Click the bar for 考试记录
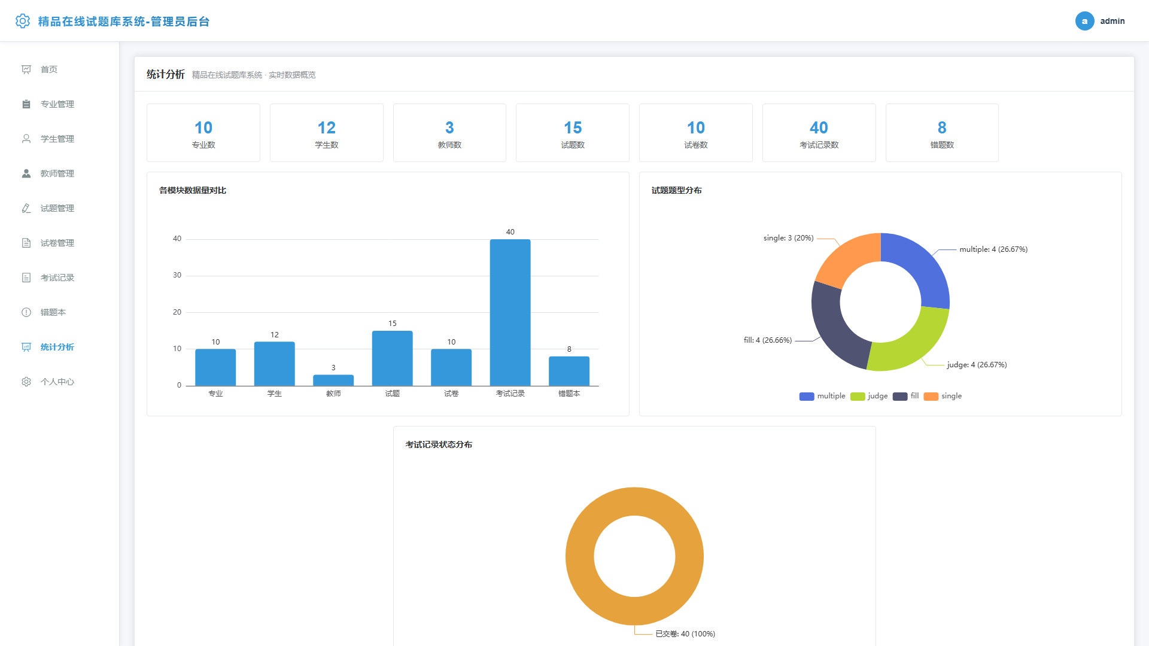(510, 312)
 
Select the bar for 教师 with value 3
(333, 380)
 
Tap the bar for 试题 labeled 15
(392, 358)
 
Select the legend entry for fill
(905, 396)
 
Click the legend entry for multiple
(822, 396)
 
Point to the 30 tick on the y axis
(177, 275)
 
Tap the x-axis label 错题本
(569, 394)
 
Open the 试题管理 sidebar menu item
(57, 208)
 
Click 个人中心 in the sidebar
(57, 382)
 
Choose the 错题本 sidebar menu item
(53, 312)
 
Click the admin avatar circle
(1084, 21)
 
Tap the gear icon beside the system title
(23, 21)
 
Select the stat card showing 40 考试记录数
(819, 133)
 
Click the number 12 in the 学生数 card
(326, 127)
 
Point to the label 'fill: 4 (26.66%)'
(768, 340)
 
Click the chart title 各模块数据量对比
(193, 190)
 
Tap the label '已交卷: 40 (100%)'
(685, 634)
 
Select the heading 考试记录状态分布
(439, 444)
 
